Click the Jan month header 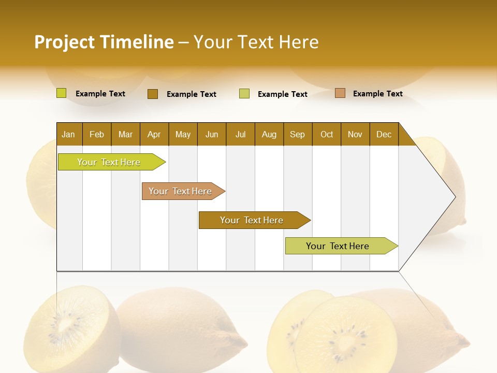(x=68, y=134)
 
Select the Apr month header (x=154, y=134)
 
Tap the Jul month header (x=240, y=134)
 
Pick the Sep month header (x=297, y=134)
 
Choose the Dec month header (x=384, y=134)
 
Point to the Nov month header (x=355, y=134)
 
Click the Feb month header (x=97, y=134)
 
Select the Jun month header (x=212, y=134)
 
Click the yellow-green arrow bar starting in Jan (x=109, y=162)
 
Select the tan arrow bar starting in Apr (x=180, y=191)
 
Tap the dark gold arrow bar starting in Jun (x=252, y=220)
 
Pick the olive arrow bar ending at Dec (x=338, y=246)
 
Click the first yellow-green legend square (x=62, y=93)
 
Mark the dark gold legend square (x=153, y=94)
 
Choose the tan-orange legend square (x=340, y=93)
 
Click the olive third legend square (x=244, y=94)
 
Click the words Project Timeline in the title (x=104, y=42)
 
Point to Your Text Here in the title (x=256, y=42)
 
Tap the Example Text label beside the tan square (x=377, y=94)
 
